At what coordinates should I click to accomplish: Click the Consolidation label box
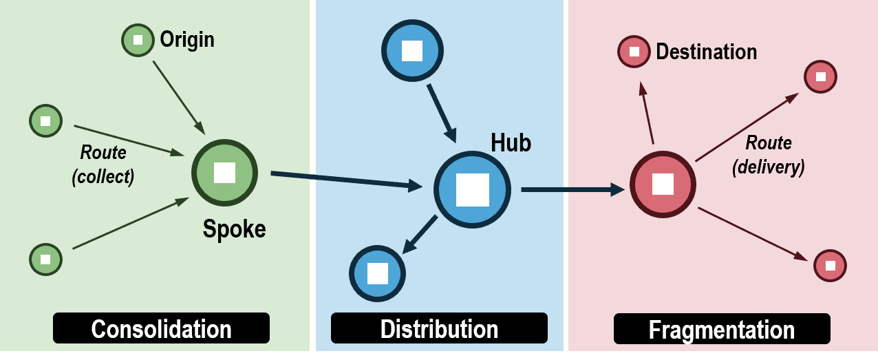[x=161, y=328]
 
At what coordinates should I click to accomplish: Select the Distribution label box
[x=439, y=328]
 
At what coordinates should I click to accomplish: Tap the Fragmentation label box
[x=721, y=329]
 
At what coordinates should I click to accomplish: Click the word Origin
[x=187, y=39]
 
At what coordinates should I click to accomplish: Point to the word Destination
[x=706, y=52]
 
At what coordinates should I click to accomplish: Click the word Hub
[x=511, y=142]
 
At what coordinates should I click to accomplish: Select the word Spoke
[x=234, y=229]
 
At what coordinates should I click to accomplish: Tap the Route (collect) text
[x=103, y=164]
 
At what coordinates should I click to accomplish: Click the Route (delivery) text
[x=769, y=154]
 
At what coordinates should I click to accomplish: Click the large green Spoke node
[x=224, y=173]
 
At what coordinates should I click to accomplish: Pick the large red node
[x=663, y=184]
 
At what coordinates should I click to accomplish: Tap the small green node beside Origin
[x=138, y=40]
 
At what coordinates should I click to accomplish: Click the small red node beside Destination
[x=634, y=52]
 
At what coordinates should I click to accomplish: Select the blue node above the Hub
[x=412, y=51]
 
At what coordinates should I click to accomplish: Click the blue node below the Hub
[x=378, y=273]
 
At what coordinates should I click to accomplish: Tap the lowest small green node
[x=45, y=260]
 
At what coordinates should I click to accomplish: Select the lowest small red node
[x=830, y=265]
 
